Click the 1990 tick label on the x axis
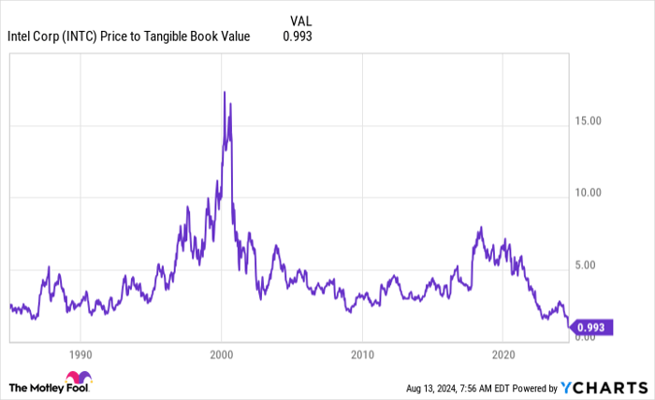point(80,355)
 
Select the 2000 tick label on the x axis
point(221,355)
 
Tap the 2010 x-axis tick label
point(362,355)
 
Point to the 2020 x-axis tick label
point(502,355)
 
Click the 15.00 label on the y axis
point(588,121)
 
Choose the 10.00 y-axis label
point(588,193)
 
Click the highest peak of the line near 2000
point(225,92)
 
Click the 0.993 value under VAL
point(298,36)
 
